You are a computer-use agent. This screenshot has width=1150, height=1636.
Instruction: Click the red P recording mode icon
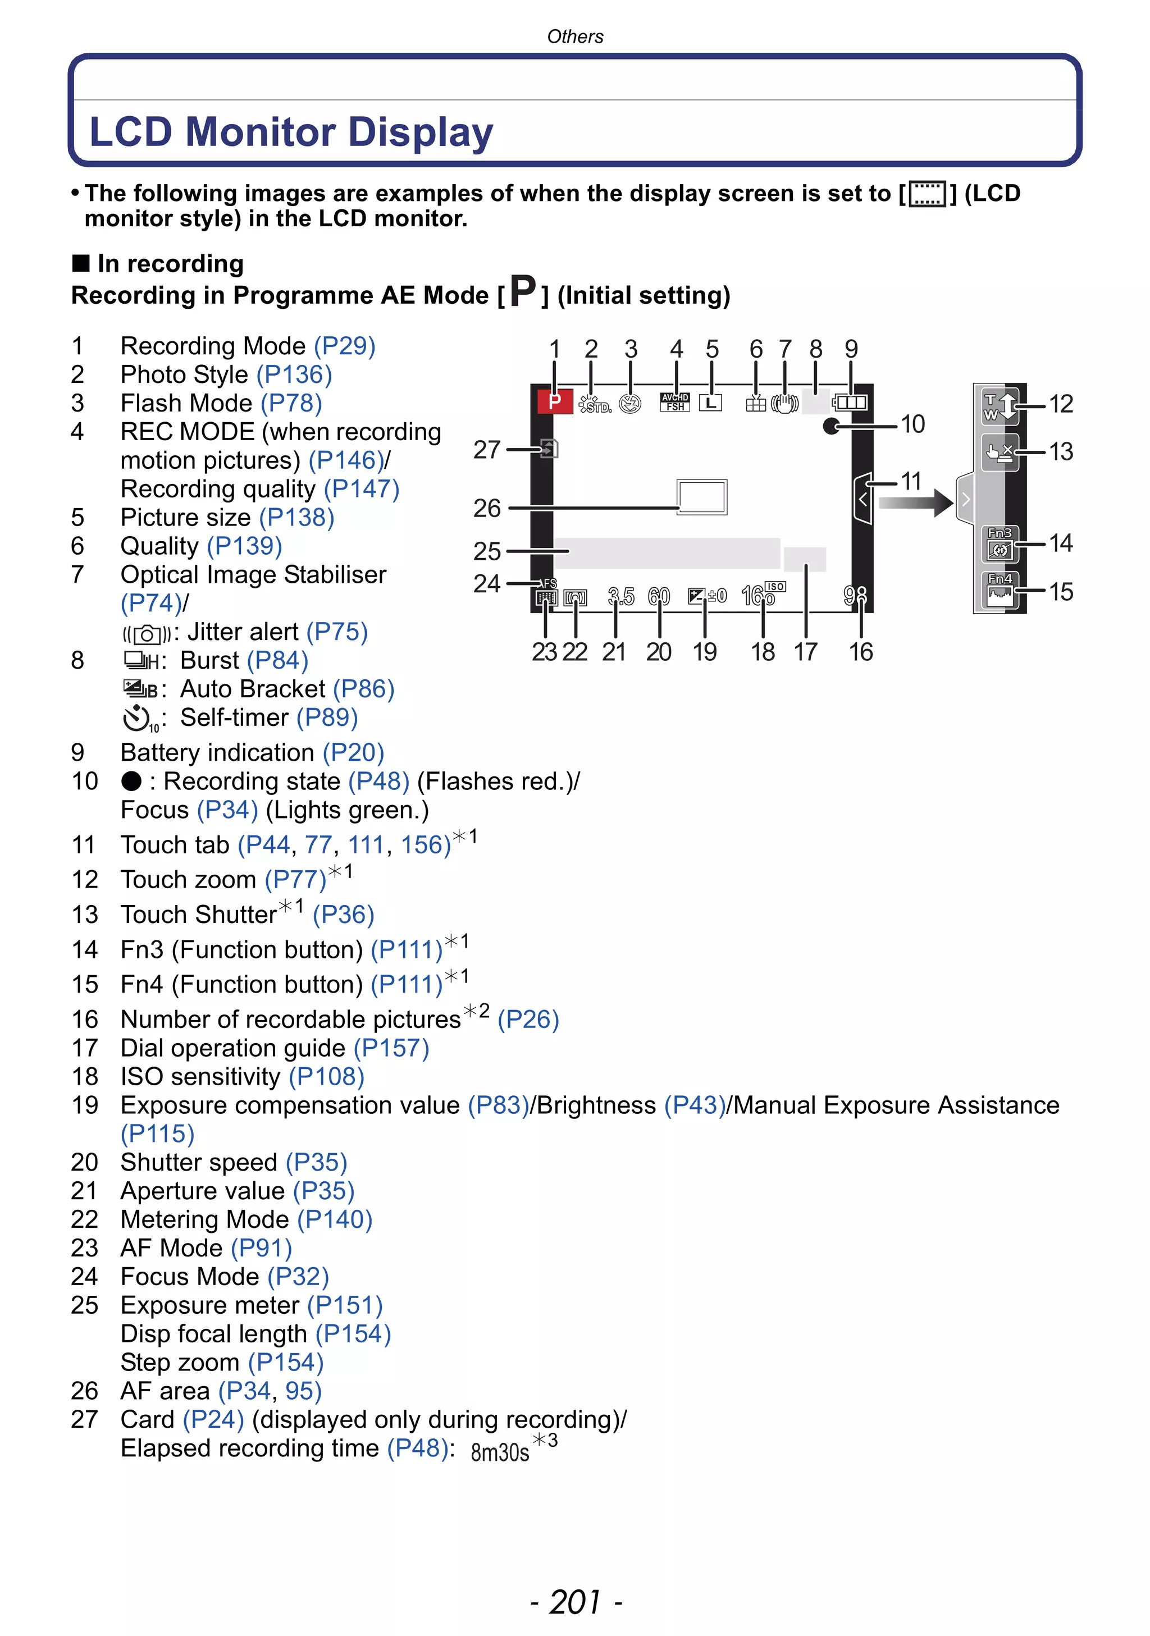coord(554,402)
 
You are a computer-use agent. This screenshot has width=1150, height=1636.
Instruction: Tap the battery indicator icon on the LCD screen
coord(850,403)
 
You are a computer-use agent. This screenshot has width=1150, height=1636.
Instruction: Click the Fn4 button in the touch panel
coord(1000,590)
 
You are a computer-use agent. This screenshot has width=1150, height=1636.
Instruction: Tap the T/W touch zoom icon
coord(1000,405)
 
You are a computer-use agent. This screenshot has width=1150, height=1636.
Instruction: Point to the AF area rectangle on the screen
coord(702,497)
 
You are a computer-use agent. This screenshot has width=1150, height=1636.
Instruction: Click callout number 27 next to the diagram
coord(487,450)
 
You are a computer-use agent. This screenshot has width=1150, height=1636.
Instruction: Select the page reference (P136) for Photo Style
coord(294,375)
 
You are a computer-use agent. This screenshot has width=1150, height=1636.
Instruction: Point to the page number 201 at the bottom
coord(576,1602)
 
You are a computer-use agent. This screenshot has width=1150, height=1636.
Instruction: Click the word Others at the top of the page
coord(575,36)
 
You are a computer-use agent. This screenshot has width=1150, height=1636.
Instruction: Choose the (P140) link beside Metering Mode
coord(335,1219)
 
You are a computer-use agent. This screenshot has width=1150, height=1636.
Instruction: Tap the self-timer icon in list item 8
coord(139,718)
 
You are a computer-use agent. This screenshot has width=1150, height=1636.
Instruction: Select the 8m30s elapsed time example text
coord(499,1451)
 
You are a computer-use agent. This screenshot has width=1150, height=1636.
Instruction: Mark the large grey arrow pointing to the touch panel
coord(916,502)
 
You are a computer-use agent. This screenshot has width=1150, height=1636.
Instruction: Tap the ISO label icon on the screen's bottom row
coord(775,587)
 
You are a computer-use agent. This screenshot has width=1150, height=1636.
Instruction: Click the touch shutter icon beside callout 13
coord(999,453)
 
